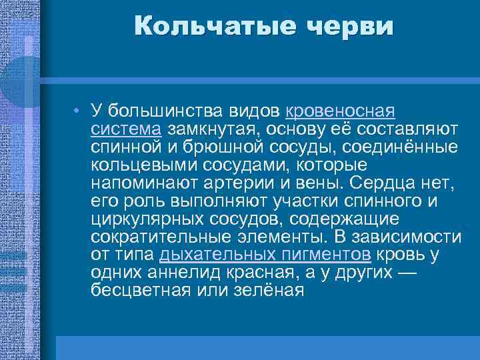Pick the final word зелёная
pos(263,290)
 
